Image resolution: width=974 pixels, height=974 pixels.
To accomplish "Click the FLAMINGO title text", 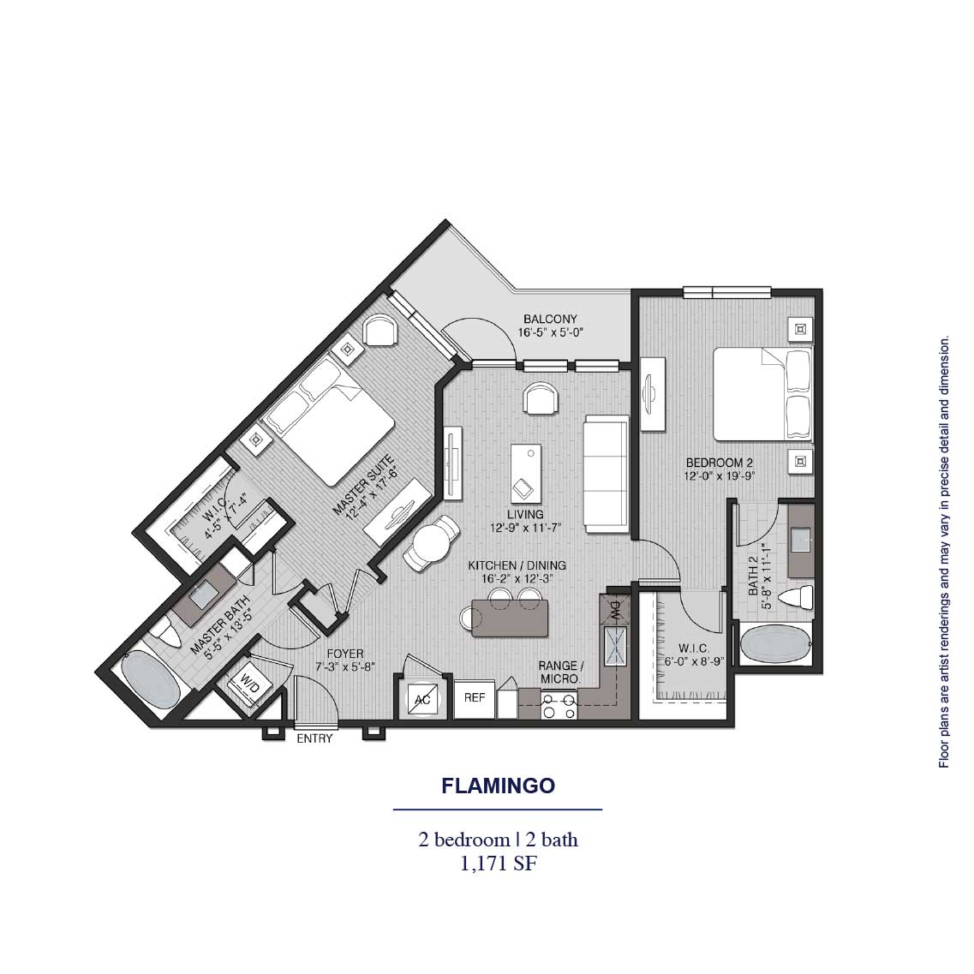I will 498,786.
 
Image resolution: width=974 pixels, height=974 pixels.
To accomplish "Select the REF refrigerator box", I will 475,697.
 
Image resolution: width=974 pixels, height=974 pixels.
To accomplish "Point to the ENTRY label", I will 314,738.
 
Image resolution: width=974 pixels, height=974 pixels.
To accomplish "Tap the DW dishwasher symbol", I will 615,609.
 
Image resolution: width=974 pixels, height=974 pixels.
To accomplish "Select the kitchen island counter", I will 509,618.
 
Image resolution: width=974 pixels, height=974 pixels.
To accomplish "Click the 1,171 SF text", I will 498,863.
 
